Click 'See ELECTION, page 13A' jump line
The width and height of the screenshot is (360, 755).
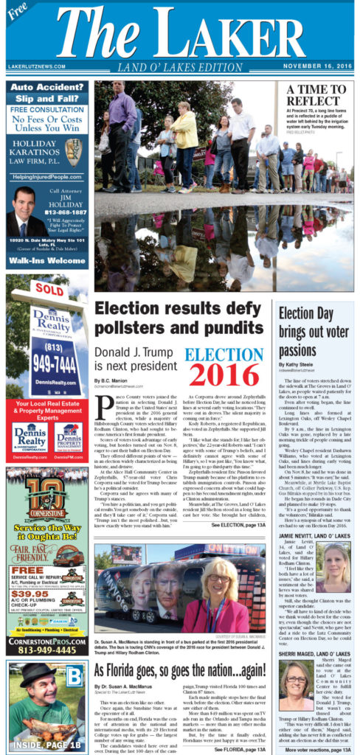tap(238, 525)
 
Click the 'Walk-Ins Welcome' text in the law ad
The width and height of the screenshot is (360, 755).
tap(46, 260)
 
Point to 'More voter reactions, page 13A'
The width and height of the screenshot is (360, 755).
tap(313, 749)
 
